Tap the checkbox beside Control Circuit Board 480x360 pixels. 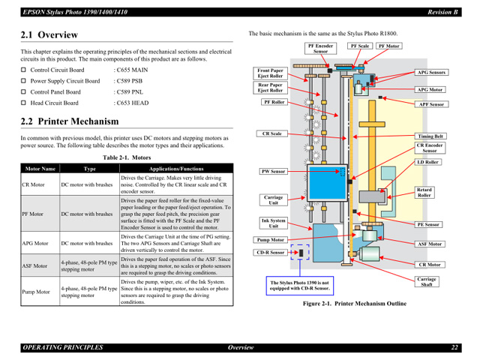click(24, 69)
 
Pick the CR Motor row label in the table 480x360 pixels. click(33, 184)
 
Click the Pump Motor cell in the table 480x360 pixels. click(36, 292)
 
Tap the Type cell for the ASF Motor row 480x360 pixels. click(88, 265)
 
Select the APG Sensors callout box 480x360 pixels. click(431, 73)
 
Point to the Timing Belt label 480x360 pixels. click(430, 136)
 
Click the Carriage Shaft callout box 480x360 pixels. click(427, 281)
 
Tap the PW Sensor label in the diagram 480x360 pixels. click(273, 172)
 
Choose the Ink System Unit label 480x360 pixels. click(273, 223)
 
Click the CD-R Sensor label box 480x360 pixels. click(271, 253)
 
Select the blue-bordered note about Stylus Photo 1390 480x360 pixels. click(300, 286)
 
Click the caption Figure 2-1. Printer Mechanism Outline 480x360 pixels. click(354, 304)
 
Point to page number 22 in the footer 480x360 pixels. click(454, 347)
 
